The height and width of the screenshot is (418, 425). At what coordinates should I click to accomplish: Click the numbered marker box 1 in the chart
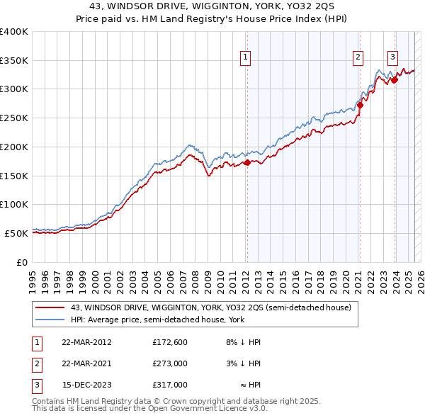(x=246, y=58)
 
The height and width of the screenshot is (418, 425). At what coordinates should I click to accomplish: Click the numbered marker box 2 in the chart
(x=358, y=58)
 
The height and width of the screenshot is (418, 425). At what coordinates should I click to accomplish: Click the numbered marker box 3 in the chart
(x=392, y=58)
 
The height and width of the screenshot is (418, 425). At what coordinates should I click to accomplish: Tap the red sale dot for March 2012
(x=247, y=163)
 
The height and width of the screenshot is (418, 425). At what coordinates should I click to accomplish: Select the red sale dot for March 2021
(x=359, y=105)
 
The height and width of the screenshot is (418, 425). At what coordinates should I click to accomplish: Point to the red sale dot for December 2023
(x=394, y=79)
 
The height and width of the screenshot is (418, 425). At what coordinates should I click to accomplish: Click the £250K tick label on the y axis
(x=13, y=118)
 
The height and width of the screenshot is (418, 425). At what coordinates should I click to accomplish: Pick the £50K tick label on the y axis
(x=16, y=232)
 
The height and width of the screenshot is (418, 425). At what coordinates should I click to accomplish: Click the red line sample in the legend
(x=50, y=307)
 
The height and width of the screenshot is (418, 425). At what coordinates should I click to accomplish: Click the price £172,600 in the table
(x=169, y=341)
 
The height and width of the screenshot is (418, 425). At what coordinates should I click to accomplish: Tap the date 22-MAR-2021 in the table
(x=86, y=363)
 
